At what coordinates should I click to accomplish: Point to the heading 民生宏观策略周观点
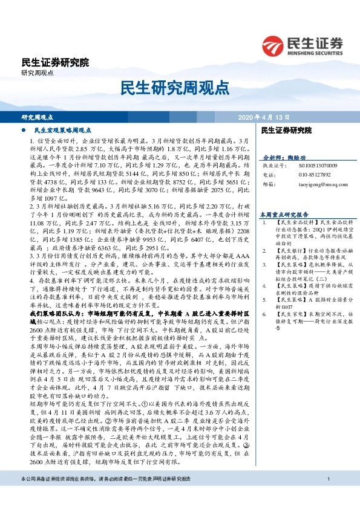pos(62,130)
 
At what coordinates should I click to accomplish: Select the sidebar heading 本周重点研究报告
pos(284,214)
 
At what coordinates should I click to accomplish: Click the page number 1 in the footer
pos(327,497)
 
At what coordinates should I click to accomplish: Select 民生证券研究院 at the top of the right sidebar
pos(286,130)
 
